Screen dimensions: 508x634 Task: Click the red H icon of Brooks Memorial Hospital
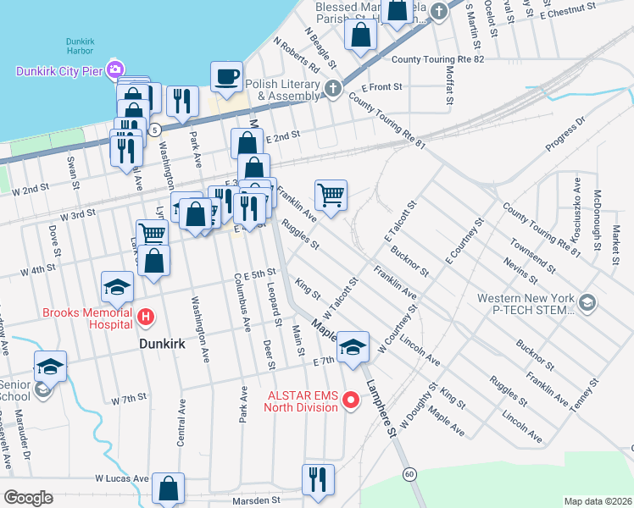tap(146, 318)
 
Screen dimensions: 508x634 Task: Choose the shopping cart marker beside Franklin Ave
tap(331, 196)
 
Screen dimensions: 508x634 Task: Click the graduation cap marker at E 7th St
tap(353, 346)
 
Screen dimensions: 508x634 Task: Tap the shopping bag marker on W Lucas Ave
tap(169, 488)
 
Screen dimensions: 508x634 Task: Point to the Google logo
tap(27, 498)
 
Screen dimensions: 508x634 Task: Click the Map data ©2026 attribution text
tap(598, 500)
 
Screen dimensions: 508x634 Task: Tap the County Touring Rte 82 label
tap(438, 59)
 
